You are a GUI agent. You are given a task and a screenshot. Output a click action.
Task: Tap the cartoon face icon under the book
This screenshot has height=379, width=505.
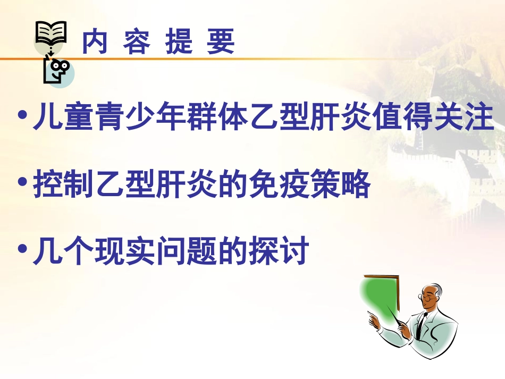(57, 73)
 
